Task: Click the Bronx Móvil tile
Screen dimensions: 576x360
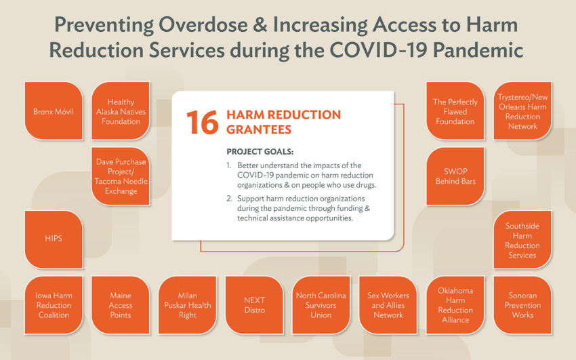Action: pyautogui.click(x=54, y=111)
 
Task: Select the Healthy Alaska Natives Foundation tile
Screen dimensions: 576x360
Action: pyautogui.click(x=121, y=111)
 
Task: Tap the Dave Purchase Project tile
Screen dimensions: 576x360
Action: pyautogui.click(x=121, y=176)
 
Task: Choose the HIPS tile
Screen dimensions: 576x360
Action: pyautogui.click(x=54, y=239)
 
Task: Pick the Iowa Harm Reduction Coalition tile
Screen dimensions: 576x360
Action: pyautogui.click(x=54, y=305)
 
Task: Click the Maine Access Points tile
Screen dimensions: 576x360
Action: pyautogui.click(x=121, y=305)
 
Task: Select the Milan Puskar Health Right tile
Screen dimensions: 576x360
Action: pyautogui.click(x=187, y=305)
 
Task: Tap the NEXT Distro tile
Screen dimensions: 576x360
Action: pyautogui.click(x=254, y=305)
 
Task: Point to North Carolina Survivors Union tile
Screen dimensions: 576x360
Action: pyautogui.click(x=321, y=305)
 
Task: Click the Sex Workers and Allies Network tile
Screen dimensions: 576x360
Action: pyautogui.click(x=388, y=305)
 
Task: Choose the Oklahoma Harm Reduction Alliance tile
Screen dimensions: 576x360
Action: pyautogui.click(x=455, y=305)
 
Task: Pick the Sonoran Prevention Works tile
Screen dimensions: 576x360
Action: pyautogui.click(x=522, y=305)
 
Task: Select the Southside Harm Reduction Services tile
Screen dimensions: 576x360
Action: pyautogui.click(x=522, y=239)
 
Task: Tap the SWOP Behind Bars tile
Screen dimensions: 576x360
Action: pyautogui.click(x=455, y=176)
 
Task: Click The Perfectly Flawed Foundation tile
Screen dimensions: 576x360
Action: pyautogui.click(x=455, y=111)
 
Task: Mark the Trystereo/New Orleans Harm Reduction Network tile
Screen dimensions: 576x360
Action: pyautogui.click(x=522, y=111)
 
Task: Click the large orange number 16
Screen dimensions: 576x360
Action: pyautogui.click(x=203, y=122)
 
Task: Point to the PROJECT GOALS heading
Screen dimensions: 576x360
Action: pyautogui.click(x=260, y=152)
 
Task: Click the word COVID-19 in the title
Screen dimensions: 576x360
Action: pyautogui.click(x=378, y=50)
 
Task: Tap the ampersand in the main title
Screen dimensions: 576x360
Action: pyautogui.click(x=260, y=25)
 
